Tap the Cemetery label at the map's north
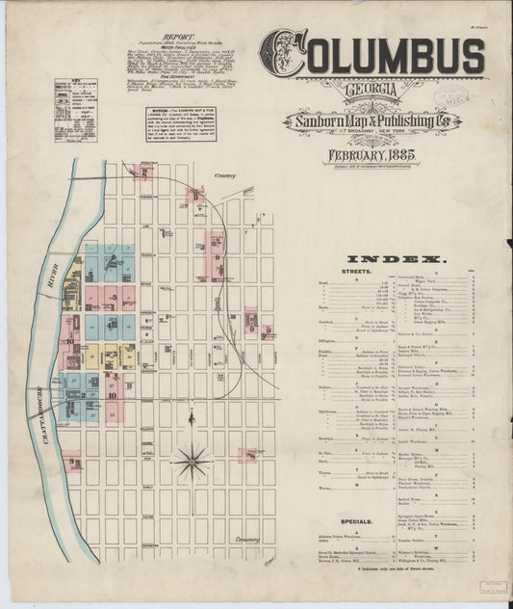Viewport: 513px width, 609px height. pyautogui.click(x=226, y=176)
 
